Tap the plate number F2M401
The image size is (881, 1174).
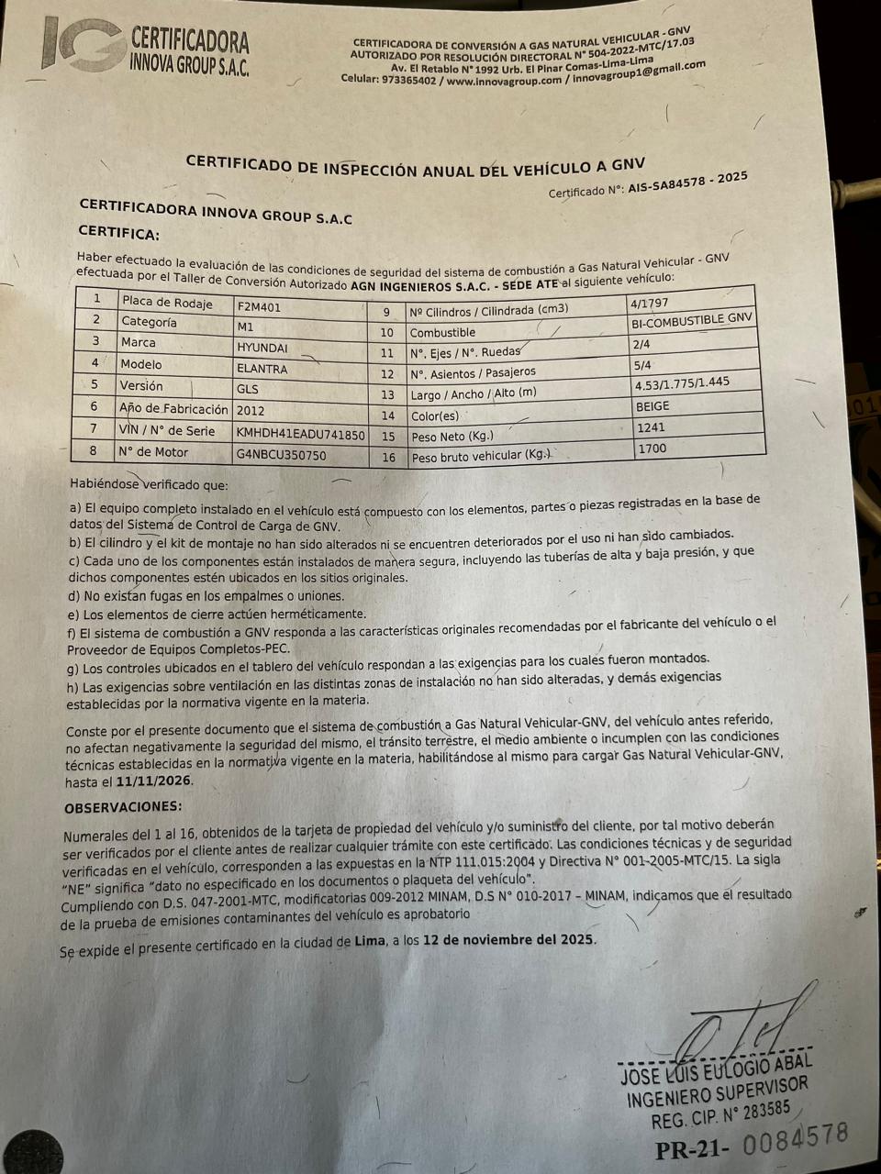click(x=260, y=307)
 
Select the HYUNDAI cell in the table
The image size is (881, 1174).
click(x=262, y=349)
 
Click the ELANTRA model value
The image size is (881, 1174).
click(x=262, y=369)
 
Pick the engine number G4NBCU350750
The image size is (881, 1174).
click(x=281, y=455)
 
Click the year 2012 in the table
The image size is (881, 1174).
click(x=251, y=411)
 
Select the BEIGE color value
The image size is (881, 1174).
click(x=652, y=405)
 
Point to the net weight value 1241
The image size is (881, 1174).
click(x=651, y=427)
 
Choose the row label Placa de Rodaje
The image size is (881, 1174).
click(x=166, y=303)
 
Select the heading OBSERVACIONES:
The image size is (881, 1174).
click(x=123, y=807)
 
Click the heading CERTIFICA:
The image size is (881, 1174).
click(x=118, y=233)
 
